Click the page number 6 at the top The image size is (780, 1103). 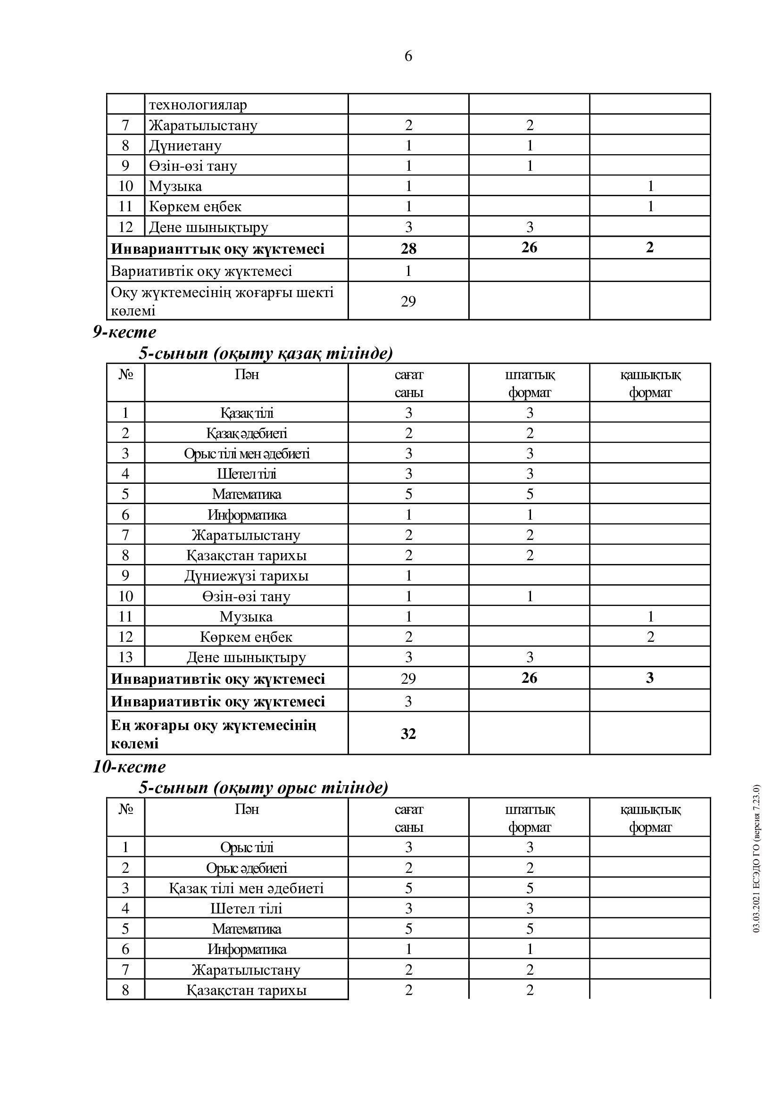408,57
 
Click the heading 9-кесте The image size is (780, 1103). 124,332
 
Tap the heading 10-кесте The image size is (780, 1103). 129,766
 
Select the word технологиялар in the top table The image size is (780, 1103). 198,105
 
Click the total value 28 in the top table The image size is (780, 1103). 408,249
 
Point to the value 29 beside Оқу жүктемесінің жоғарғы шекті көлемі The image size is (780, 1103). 408,301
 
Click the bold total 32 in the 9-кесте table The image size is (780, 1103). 408,734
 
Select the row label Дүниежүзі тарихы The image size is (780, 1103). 246,575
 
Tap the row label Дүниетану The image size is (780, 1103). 185,146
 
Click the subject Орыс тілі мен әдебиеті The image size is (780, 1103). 246,454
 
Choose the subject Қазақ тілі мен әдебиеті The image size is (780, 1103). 246,888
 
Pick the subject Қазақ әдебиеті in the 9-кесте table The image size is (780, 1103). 246,433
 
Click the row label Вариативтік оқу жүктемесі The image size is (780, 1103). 201,271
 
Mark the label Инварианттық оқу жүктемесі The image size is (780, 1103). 217,249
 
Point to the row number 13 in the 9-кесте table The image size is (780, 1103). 125,657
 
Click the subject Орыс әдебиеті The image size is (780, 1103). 246,868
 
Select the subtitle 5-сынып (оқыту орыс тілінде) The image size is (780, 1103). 263,788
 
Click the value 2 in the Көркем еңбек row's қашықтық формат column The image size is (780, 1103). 650,637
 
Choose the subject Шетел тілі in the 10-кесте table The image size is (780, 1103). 246,908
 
